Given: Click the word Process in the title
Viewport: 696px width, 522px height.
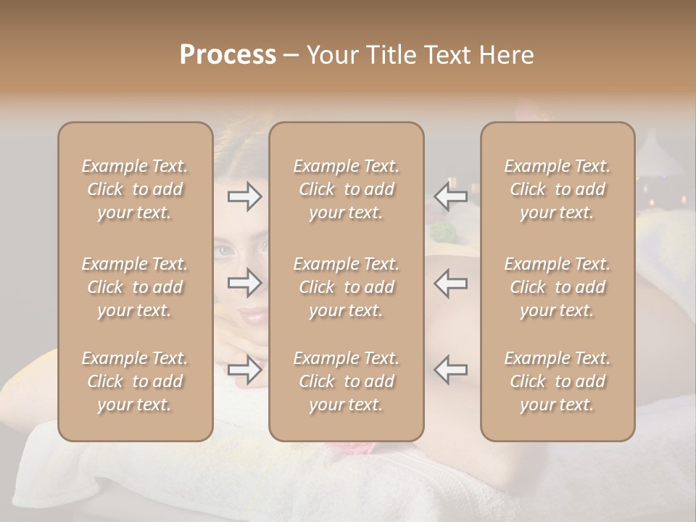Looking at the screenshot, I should pyautogui.click(x=228, y=55).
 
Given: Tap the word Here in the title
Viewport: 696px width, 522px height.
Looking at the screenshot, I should pyautogui.click(x=503, y=55).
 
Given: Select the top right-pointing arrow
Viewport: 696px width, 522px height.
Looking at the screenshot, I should pyautogui.click(x=245, y=196).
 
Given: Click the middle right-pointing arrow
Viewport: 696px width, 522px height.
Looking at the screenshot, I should pyautogui.click(x=245, y=283).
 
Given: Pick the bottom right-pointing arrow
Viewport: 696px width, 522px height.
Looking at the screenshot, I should pyautogui.click(x=245, y=370).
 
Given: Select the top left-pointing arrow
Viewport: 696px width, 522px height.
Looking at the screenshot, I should pyautogui.click(x=450, y=196).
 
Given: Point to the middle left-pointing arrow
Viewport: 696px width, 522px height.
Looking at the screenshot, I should pyautogui.click(x=450, y=283).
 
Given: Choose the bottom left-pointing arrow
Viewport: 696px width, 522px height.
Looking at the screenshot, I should pyautogui.click(x=450, y=370).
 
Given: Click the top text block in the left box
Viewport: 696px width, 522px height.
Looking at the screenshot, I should pyautogui.click(x=135, y=189).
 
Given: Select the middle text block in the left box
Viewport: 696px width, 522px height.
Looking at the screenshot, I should pyautogui.click(x=135, y=287).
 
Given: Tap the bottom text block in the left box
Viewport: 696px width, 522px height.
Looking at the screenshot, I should pyautogui.click(x=135, y=381).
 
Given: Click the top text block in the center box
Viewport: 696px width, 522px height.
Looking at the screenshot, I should pyautogui.click(x=346, y=189).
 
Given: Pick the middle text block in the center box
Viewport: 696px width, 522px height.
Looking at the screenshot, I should pyautogui.click(x=346, y=287).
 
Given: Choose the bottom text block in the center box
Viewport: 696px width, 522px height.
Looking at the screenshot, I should pyautogui.click(x=346, y=381).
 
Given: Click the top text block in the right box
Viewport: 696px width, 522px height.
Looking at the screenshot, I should pyautogui.click(x=557, y=189).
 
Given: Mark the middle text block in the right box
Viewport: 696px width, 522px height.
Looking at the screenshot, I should pyautogui.click(x=557, y=287).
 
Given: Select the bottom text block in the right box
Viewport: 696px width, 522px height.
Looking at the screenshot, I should pyautogui.click(x=557, y=381).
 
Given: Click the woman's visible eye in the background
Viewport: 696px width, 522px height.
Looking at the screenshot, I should pyautogui.click(x=225, y=252).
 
